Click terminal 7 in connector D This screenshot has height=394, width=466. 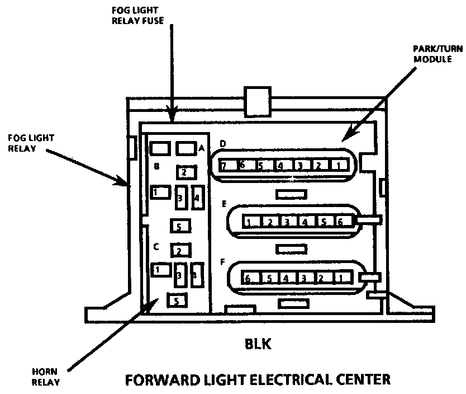click(224, 166)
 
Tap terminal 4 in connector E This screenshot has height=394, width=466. click(304, 222)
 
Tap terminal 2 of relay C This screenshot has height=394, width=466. click(180, 250)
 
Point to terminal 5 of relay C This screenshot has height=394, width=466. click(177, 301)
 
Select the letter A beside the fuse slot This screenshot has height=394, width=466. click(202, 148)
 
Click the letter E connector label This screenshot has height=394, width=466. click(223, 204)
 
